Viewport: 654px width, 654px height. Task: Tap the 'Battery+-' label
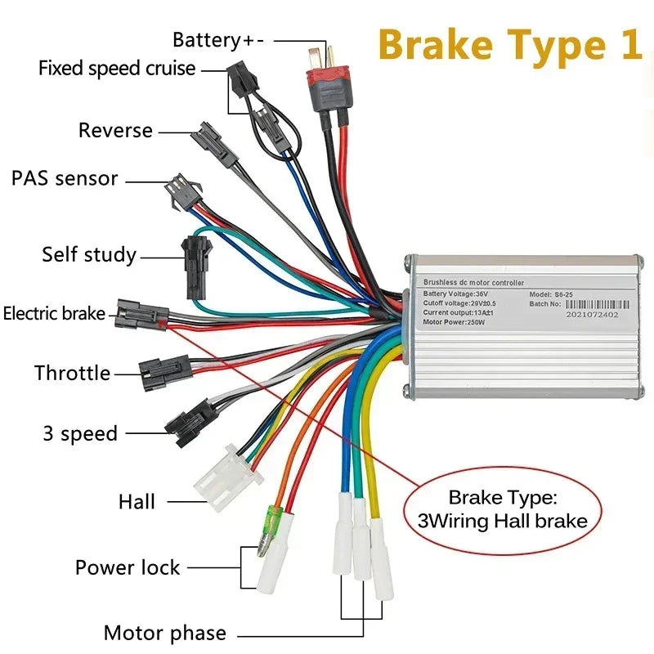[218, 40]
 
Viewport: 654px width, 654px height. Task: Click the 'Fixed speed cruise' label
[117, 68]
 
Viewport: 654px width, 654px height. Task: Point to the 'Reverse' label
[115, 130]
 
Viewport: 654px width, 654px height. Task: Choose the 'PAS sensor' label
[65, 178]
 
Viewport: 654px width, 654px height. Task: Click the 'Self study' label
[89, 254]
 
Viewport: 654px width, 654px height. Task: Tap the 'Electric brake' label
[54, 313]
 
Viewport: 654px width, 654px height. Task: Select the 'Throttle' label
[72, 374]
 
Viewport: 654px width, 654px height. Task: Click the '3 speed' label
[80, 433]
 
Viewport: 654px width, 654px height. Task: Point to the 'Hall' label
[137, 501]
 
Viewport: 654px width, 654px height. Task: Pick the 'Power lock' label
[128, 567]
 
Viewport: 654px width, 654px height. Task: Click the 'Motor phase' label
[164, 633]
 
